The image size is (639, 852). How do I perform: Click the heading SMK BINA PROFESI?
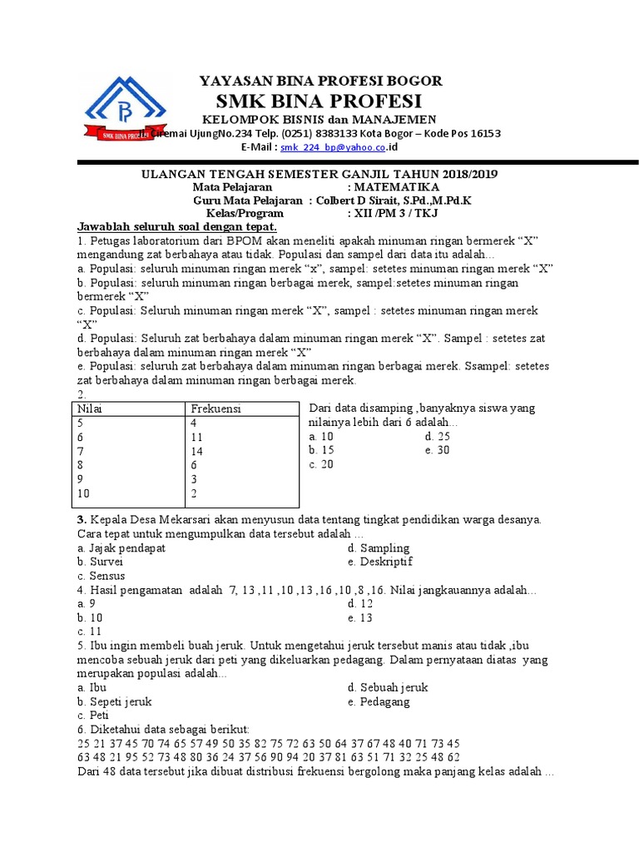click(x=319, y=102)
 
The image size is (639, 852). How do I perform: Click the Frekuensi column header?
click(x=215, y=409)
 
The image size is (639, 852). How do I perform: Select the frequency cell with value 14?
click(x=197, y=451)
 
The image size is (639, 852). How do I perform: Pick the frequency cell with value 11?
click(x=197, y=437)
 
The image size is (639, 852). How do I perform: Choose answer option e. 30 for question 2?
click(x=437, y=450)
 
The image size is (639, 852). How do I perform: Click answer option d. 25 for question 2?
click(x=437, y=436)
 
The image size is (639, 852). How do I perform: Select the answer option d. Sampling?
click(x=379, y=547)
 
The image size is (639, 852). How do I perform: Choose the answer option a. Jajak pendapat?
click(x=121, y=547)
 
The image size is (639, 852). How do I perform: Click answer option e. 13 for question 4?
click(x=360, y=618)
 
